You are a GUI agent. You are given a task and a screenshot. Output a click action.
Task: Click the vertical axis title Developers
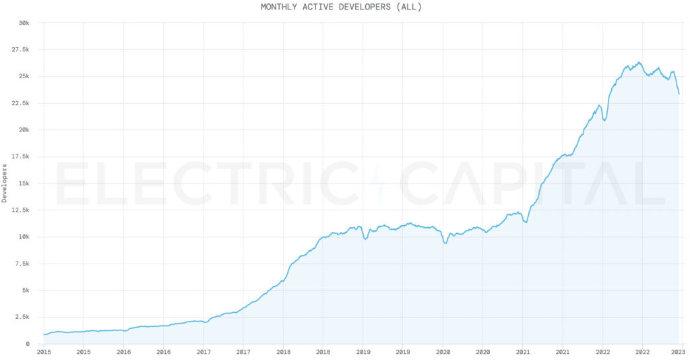tap(5, 182)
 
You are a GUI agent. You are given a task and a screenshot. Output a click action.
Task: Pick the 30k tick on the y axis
tap(24, 23)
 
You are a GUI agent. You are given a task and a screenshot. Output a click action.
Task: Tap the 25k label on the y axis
tap(24, 76)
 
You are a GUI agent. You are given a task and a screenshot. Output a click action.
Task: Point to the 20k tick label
tap(24, 130)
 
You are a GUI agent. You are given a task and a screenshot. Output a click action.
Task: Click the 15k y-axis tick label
tap(24, 183)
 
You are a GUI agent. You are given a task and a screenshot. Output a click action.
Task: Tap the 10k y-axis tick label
tap(24, 237)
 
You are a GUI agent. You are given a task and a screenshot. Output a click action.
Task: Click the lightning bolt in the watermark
tap(378, 183)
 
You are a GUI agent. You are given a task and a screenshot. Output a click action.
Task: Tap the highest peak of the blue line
tap(639, 63)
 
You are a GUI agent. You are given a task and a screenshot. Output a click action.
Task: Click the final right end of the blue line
tap(679, 94)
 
